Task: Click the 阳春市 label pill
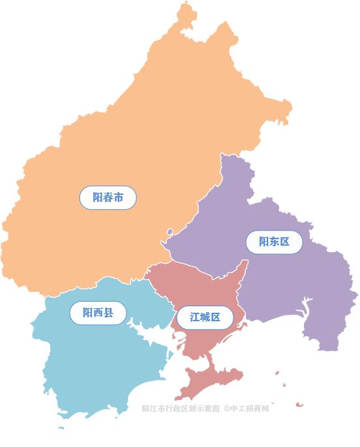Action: (108, 197)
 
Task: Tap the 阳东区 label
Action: (275, 242)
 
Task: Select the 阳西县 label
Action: (98, 313)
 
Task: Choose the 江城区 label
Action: (205, 317)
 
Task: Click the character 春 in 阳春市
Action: (108, 197)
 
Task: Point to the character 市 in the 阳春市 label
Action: (119, 197)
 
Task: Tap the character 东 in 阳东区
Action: (275, 242)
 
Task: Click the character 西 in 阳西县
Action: (98, 313)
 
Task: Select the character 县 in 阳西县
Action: (108, 313)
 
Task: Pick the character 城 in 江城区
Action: (205, 317)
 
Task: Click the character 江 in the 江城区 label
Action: (194, 317)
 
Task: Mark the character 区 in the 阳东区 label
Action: (285, 242)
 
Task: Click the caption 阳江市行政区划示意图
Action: (181, 409)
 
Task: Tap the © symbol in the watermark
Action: (226, 409)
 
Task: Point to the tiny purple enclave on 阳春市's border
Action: (170, 231)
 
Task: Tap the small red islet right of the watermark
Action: (299, 405)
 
